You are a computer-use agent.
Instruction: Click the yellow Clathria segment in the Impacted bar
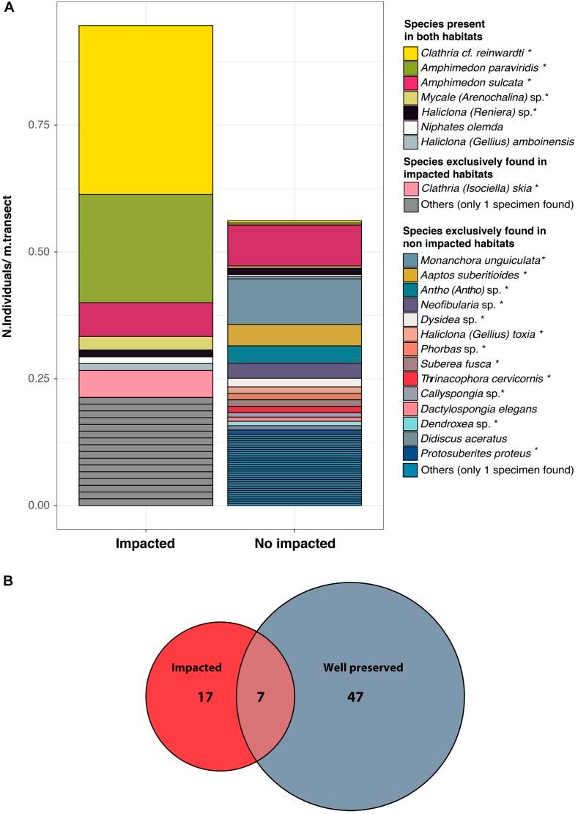145,110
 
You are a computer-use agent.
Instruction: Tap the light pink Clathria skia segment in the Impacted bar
145,383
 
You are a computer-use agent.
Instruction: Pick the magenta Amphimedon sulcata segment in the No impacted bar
294,245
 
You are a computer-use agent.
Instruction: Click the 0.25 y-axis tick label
39,379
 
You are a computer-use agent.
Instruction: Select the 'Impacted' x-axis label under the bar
145,544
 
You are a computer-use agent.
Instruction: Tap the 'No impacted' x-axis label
294,544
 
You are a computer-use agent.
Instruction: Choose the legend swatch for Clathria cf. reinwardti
410,53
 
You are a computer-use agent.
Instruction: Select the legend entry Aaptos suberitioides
476,274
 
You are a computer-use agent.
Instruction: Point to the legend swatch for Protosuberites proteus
410,454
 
